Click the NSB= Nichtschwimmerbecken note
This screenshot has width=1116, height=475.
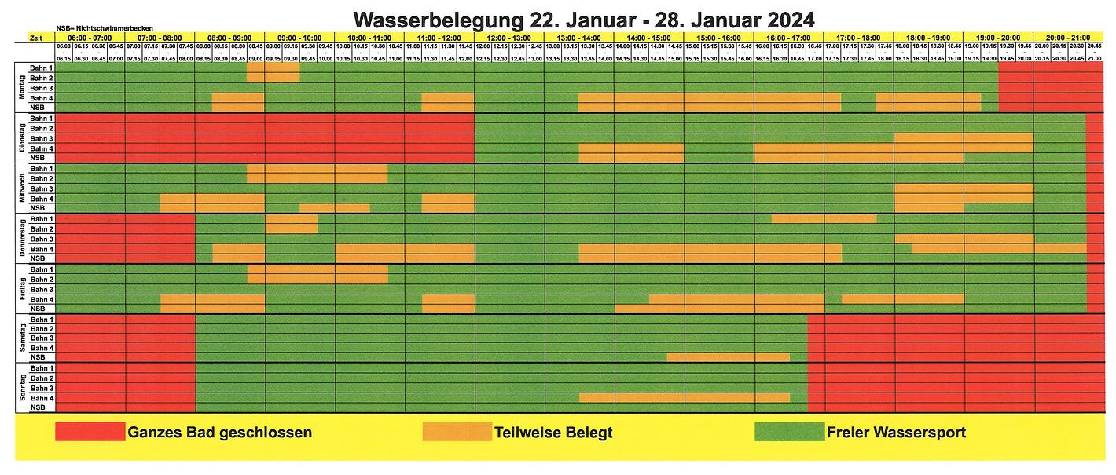(x=105, y=28)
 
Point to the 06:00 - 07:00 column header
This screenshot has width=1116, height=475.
(x=90, y=38)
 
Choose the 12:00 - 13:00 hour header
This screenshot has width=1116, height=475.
(x=509, y=38)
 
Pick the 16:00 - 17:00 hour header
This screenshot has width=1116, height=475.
(x=788, y=38)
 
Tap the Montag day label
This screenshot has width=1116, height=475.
(x=21, y=88)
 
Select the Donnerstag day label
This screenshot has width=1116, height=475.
(x=21, y=239)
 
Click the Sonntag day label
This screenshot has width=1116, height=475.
(x=21, y=388)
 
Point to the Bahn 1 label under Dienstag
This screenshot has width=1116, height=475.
(x=41, y=119)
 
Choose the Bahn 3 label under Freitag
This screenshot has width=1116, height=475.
(x=41, y=290)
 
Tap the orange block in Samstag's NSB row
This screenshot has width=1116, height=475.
(x=728, y=357)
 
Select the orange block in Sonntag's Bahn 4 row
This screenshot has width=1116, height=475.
(x=684, y=398)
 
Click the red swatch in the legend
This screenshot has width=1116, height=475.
(x=90, y=432)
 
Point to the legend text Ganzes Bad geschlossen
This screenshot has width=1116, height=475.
(x=219, y=433)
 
